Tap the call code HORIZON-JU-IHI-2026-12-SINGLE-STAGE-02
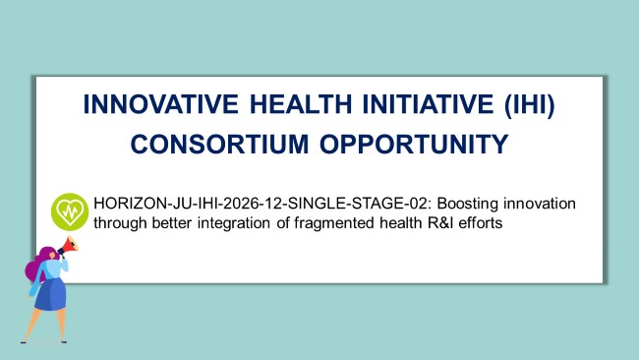[260, 204]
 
